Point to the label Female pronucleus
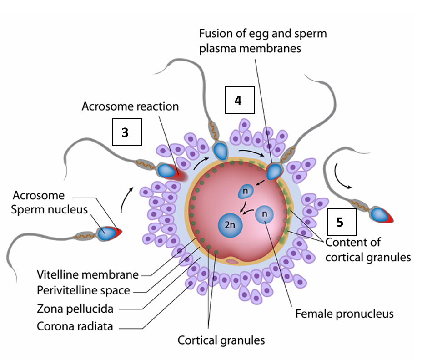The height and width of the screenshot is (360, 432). click(x=344, y=314)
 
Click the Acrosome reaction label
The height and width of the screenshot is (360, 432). click(x=130, y=106)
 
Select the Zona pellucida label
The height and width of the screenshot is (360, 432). click(x=75, y=309)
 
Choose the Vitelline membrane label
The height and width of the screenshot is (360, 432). click(x=87, y=274)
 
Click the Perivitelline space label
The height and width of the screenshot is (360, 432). click(x=83, y=290)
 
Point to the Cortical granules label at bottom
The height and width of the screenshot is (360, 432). click(x=221, y=340)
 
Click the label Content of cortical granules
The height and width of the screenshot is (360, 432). click(x=367, y=249)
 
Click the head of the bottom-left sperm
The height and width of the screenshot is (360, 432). click(x=109, y=232)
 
